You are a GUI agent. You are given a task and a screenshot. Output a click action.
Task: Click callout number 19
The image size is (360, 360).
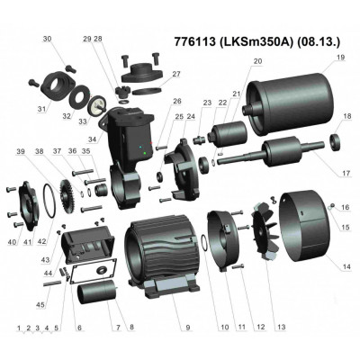(341, 58)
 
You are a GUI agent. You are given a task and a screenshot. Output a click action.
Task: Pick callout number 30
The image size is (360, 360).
(48, 38)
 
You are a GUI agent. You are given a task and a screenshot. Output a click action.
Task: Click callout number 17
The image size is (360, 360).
(346, 172)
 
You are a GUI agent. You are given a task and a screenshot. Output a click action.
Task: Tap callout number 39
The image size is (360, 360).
(20, 152)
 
